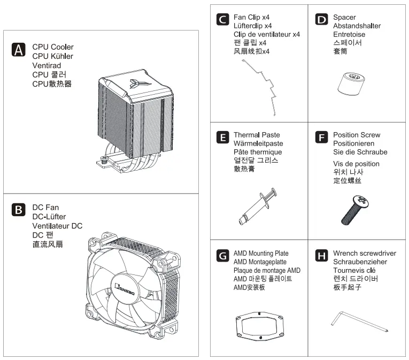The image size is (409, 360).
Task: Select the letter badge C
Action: point(222,20)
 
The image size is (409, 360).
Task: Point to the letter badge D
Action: point(321,20)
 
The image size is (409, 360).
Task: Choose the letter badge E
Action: point(222,138)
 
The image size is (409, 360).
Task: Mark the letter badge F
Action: point(321,138)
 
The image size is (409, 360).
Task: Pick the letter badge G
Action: point(222,256)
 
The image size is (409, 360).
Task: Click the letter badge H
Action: point(321,256)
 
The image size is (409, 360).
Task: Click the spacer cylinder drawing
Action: point(352,83)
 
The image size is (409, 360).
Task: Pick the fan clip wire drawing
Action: point(260,86)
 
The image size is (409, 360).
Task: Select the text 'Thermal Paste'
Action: point(257,135)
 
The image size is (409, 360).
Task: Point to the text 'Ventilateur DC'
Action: point(57,226)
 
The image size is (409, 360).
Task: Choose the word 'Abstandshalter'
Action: point(357,26)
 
